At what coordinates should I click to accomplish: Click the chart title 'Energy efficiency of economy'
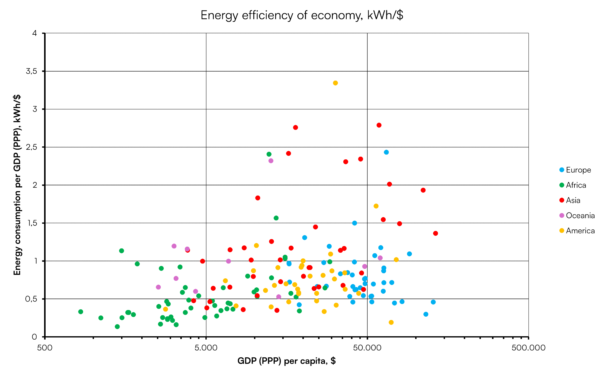(x=302, y=15)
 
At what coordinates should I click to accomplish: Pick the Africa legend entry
(x=576, y=185)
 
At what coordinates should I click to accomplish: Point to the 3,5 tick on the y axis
(x=31, y=71)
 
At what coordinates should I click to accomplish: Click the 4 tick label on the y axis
(x=34, y=33)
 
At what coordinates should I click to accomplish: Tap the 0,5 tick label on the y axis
(x=31, y=299)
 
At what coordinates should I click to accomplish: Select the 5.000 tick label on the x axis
(x=206, y=348)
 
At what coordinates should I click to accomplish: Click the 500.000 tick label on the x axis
(x=528, y=348)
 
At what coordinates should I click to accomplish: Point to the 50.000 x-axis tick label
(x=367, y=348)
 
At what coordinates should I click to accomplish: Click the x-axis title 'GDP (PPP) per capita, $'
(x=286, y=361)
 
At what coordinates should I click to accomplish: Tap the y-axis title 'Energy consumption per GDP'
(x=17, y=185)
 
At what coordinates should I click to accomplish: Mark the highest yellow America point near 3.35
(x=335, y=83)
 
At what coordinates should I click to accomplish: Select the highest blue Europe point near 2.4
(x=386, y=152)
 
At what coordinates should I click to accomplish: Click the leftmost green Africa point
(x=81, y=312)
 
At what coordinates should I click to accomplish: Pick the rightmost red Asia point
(x=435, y=233)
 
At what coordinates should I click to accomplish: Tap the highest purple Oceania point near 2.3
(x=271, y=161)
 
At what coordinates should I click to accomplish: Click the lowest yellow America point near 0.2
(x=391, y=322)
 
